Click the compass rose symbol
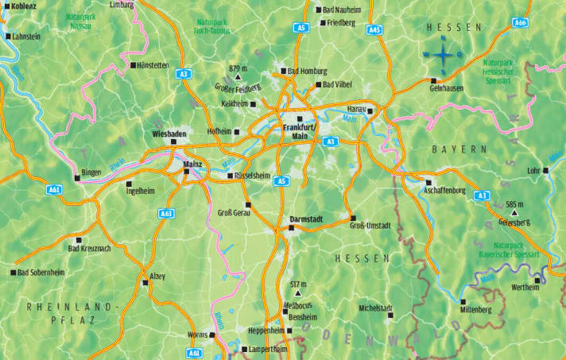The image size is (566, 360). pos(443,55)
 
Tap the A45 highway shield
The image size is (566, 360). pos(375,29)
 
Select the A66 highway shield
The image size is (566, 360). pos(521,22)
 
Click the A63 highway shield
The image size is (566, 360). pos(166,213)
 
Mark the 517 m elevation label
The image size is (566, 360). pos(299,284)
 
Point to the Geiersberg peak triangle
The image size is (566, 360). pos(514,213)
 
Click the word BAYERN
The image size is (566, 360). pos(459,149)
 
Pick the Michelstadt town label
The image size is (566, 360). pos(376,307)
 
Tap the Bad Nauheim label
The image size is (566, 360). pos(343,10)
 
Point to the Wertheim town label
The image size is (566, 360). pos(526,287)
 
